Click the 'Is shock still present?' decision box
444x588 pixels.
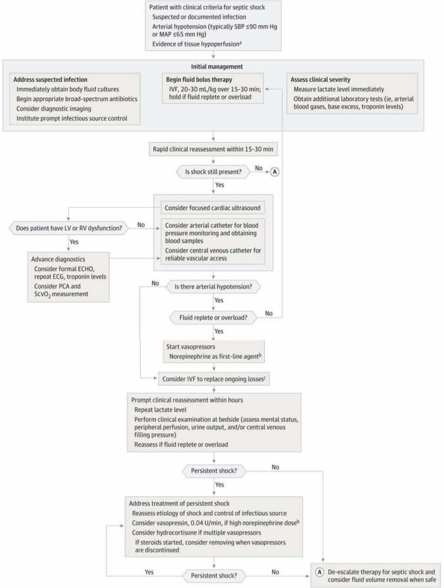click(214, 171)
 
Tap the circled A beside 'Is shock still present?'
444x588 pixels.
click(275, 171)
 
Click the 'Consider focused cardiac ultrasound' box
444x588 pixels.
click(213, 208)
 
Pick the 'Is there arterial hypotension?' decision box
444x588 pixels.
click(214, 286)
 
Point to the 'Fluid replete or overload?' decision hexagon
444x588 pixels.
click(214, 317)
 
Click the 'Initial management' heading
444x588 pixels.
click(214, 67)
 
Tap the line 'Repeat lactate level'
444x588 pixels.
click(159, 410)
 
